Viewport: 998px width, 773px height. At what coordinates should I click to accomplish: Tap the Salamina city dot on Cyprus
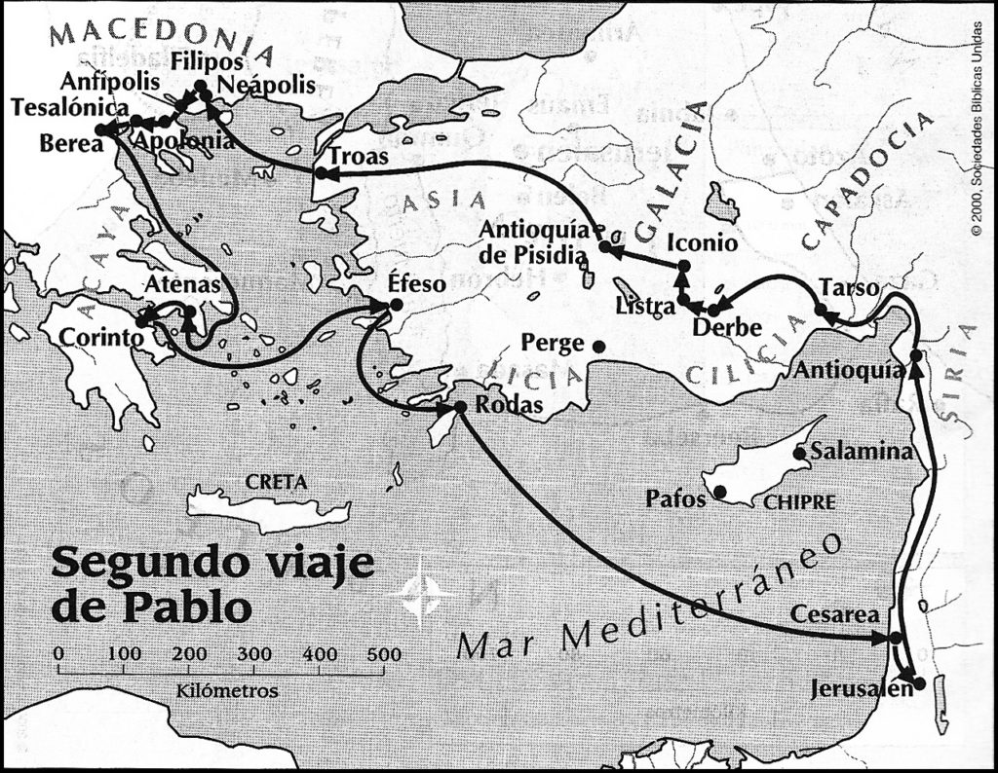point(799,452)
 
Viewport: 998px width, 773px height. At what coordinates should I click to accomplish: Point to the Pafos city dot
point(721,492)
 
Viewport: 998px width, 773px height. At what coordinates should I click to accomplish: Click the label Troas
point(359,156)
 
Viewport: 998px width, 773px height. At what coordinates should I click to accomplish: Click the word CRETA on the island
point(277,482)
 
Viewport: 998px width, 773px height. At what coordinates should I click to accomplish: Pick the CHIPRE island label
point(799,503)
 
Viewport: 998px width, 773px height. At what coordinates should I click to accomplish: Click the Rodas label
point(510,407)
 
